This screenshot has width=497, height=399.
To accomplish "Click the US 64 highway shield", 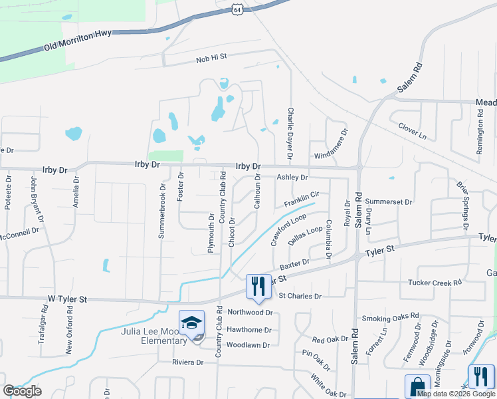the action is click(237, 8).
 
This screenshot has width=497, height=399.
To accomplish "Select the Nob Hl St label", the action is click(211, 60).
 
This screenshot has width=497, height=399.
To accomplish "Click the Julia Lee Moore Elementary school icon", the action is click(192, 323).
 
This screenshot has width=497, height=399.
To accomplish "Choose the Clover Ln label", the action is click(412, 129).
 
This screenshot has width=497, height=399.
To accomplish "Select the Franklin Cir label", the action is click(302, 198).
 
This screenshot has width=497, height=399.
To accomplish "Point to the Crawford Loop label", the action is click(288, 229).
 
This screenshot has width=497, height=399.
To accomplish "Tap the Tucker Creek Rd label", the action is click(435, 283).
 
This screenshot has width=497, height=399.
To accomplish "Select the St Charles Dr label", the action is click(300, 296).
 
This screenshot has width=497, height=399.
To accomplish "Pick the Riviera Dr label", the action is click(187, 362).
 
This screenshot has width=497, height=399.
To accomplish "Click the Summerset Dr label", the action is click(389, 201).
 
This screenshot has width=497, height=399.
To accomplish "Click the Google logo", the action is click(22, 391).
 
